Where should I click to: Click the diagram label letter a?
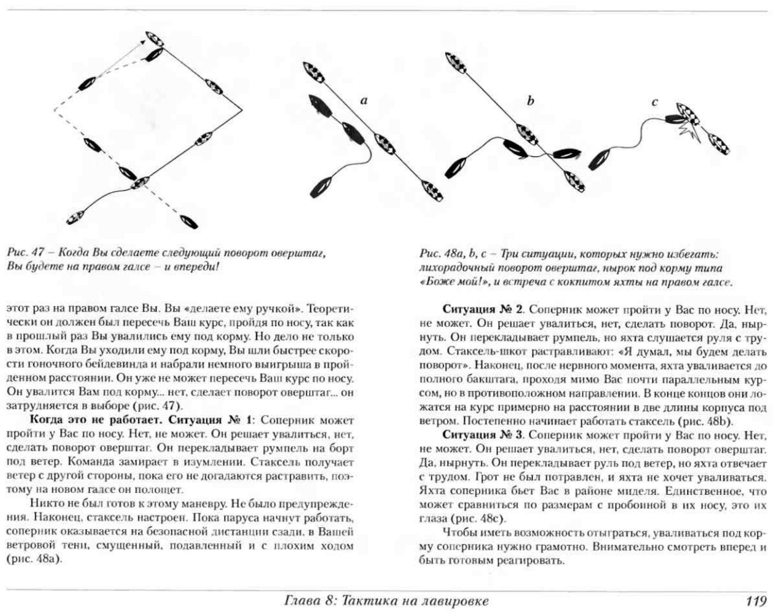pyautogui.click(x=364, y=101)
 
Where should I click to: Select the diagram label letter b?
pyautogui.click(x=530, y=101)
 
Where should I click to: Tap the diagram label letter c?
pyautogui.click(x=654, y=102)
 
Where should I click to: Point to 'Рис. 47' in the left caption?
pyautogui.click(x=25, y=253)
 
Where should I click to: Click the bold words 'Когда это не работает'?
pyautogui.click(x=97, y=420)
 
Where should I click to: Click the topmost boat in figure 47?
pyautogui.click(x=154, y=39)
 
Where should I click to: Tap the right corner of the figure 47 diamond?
pyautogui.click(x=242, y=110)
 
